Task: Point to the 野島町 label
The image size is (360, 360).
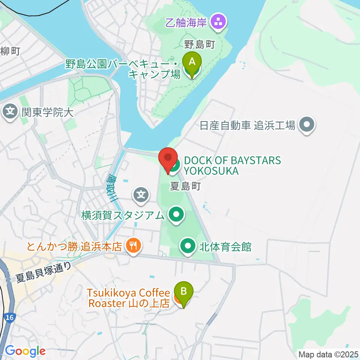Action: [x=199, y=45]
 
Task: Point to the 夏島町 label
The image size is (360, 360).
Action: [x=186, y=186]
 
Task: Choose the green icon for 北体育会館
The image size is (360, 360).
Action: [x=187, y=247]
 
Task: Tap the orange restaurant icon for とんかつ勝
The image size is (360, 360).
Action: [x=132, y=246]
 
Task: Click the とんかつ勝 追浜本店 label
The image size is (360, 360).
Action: [x=74, y=246]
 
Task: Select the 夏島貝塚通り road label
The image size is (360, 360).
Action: [x=43, y=272]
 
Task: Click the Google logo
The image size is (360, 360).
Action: [x=25, y=351]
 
